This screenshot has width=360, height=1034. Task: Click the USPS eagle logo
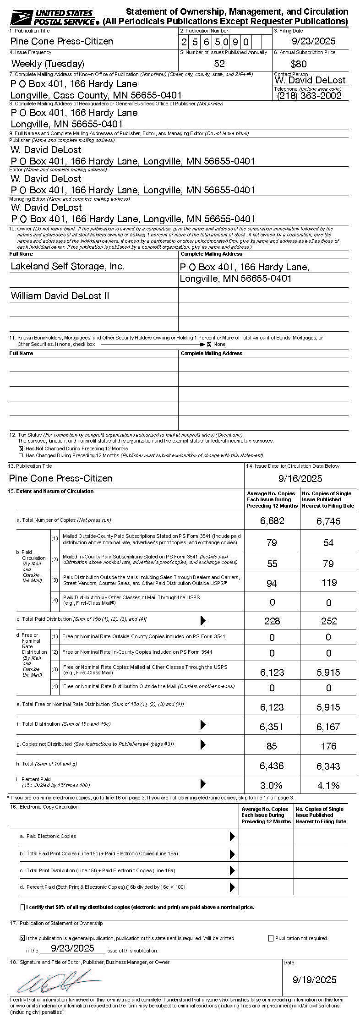21,18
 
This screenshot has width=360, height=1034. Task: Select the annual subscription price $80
299,64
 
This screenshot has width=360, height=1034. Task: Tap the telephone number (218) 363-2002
309,95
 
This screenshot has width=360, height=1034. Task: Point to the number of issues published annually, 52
219,63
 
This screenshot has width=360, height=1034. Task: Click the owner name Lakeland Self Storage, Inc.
68,266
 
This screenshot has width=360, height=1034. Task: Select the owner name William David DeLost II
60,296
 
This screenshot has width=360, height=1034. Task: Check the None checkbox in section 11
209,344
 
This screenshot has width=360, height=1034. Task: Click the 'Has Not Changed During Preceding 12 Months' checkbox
21,449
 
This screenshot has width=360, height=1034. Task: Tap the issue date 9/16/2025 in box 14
300,479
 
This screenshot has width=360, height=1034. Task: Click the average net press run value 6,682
272,521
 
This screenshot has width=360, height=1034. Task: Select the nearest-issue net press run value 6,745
328,521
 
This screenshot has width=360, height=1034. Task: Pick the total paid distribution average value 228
272,621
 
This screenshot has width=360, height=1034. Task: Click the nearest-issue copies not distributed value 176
328,746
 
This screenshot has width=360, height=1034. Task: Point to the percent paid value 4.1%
328,786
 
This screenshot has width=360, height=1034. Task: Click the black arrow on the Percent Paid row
203,784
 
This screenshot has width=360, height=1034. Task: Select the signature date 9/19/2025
314,979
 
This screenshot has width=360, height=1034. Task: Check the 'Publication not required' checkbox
271,938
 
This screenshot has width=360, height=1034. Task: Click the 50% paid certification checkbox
23,907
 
